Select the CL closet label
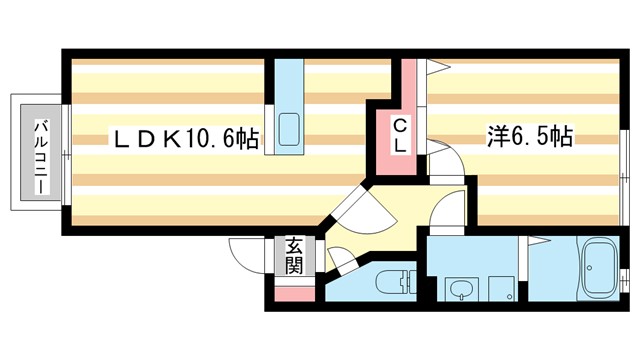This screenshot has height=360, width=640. coord(398,137)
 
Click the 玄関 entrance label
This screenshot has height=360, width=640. coord(294,257)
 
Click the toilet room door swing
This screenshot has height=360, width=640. coord(340,259)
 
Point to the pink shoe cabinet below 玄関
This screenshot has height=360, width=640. coord(294,294)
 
